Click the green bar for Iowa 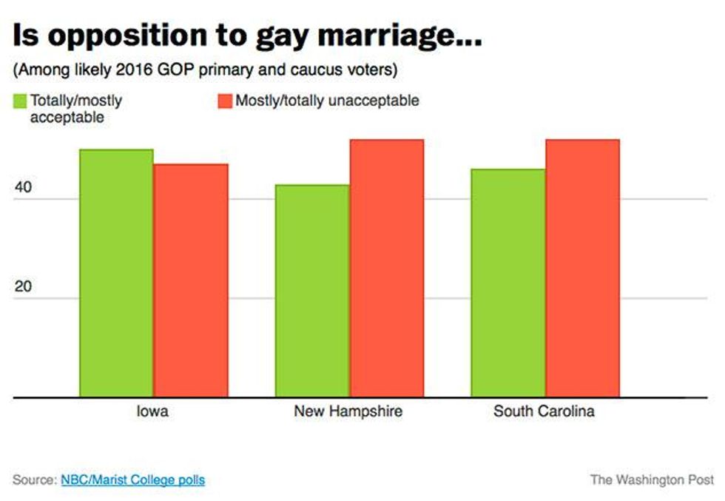[x=116, y=273]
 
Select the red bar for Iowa [x=191, y=280]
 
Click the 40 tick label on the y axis [x=23, y=188]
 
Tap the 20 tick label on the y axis [x=23, y=288]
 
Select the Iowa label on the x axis [x=153, y=412]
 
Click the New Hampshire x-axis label [x=348, y=412]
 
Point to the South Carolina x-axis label [x=544, y=412]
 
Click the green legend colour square [x=19, y=101]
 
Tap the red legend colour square [x=224, y=101]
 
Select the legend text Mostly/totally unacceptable [x=327, y=101]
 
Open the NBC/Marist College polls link [x=133, y=480]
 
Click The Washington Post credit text [x=652, y=480]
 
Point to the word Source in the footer [x=33, y=480]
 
